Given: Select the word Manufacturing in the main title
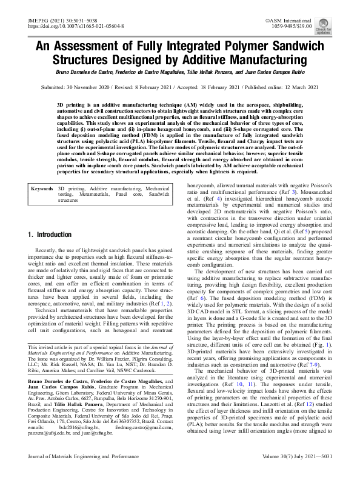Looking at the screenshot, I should (x=262, y=61).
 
